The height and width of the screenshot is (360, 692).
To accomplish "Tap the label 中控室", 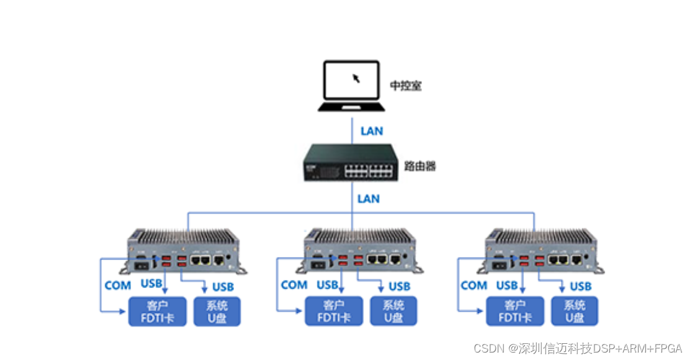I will pyautogui.click(x=406, y=86).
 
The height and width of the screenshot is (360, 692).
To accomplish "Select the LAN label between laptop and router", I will pyautogui.click(x=372, y=131).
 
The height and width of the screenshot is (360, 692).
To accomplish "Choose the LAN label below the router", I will pyautogui.click(x=369, y=199).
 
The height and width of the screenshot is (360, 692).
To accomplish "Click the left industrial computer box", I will pyautogui.click(x=186, y=251).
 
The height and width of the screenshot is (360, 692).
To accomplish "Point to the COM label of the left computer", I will pyautogui.click(x=118, y=286).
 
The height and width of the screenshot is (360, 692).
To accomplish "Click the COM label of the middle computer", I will pyautogui.click(x=294, y=285).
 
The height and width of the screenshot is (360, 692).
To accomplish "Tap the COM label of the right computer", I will pyautogui.click(x=474, y=285).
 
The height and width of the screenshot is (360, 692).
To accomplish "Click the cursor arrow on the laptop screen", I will pyautogui.click(x=356, y=78).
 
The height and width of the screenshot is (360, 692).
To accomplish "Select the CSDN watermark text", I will pyautogui.click(x=578, y=348).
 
